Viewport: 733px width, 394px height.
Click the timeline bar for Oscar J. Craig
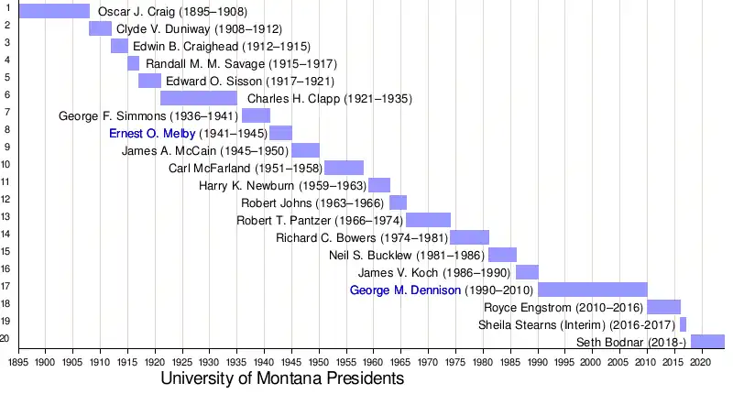pyautogui.click(x=54, y=11)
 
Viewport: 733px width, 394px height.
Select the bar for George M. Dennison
pyautogui.click(x=593, y=290)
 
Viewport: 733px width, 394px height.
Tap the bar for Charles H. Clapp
pyautogui.click(x=199, y=98)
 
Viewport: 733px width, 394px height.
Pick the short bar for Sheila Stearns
pyautogui.click(x=683, y=324)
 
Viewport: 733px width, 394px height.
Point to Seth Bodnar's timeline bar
pyautogui.click(x=707, y=342)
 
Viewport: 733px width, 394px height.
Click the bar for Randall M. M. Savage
pyautogui.click(x=134, y=63)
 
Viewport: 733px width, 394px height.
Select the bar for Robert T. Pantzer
pyautogui.click(x=429, y=220)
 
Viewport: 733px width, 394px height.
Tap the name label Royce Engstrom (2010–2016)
pyautogui.click(x=563, y=307)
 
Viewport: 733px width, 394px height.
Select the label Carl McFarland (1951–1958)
pyautogui.click(x=245, y=169)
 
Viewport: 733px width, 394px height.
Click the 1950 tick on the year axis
pyautogui.click(x=319, y=362)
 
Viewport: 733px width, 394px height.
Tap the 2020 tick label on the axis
pyautogui.click(x=702, y=362)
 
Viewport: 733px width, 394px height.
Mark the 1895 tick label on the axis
pyautogui.click(x=18, y=362)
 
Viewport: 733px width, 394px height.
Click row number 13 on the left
pyautogui.click(x=6, y=216)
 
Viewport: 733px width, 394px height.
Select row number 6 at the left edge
pyautogui.click(x=6, y=94)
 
